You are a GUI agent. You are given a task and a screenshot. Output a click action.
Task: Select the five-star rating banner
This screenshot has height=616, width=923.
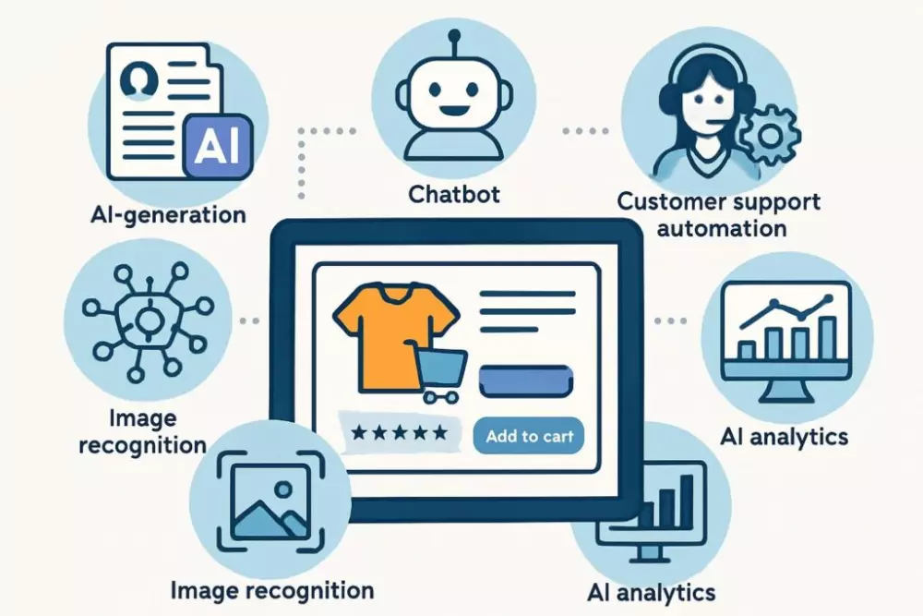tap(399, 432)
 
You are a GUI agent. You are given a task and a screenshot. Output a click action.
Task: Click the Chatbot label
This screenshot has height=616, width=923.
tap(455, 195)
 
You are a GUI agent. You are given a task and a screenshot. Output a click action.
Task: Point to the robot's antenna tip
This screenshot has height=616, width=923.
tap(454, 36)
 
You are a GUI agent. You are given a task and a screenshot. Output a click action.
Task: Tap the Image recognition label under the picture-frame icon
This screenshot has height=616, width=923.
tap(273, 590)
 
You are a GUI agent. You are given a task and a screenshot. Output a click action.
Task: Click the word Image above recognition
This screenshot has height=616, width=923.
tap(137, 417)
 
